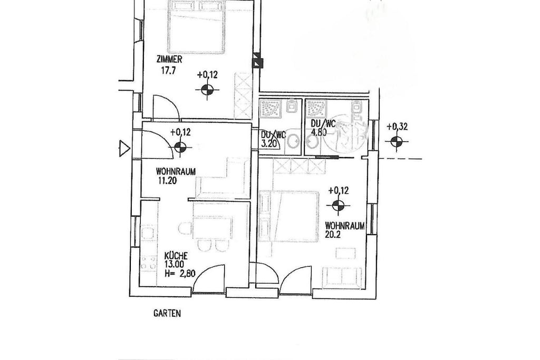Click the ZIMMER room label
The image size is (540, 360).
click(169, 60)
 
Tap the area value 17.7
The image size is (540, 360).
click(169, 71)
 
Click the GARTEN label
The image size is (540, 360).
click(167, 314)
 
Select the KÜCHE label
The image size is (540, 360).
click(176, 256)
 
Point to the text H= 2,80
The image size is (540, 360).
click(180, 274)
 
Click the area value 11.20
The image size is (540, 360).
click(167, 180)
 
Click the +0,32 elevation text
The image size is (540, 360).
click(397, 127)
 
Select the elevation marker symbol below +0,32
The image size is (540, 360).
click(397, 141)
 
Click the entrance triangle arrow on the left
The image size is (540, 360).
click(124, 149)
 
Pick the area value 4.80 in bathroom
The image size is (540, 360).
click(319, 132)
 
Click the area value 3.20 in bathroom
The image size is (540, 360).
click(269, 143)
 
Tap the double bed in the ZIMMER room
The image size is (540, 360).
click(196, 26)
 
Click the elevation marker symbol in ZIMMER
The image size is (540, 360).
click(207, 90)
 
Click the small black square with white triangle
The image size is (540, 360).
click(257, 63)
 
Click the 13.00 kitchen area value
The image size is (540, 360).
click(174, 265)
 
